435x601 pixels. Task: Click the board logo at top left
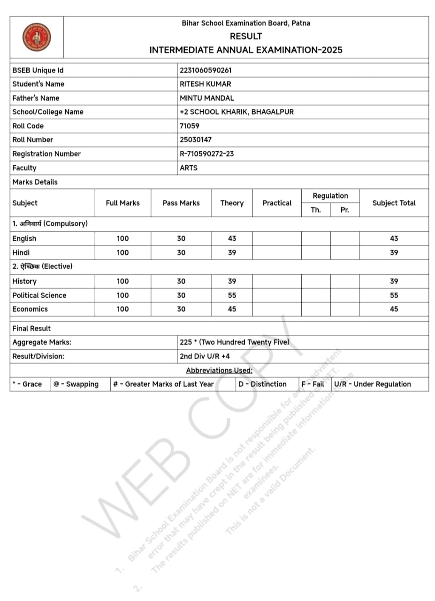(37, 37)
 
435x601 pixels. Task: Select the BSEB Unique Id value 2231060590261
(206, 70)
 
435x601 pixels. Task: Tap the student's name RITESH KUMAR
(205, 84)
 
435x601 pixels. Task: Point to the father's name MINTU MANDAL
(206, 98)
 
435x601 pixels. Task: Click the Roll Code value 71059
(190, 126)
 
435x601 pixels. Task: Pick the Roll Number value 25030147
(196, 139)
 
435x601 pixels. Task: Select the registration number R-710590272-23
(206, 154)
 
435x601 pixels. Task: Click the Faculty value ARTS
(189, 168)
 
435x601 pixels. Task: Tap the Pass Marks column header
(181, 203)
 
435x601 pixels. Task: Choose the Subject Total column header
(394, 203)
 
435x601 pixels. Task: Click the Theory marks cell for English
(232, 239)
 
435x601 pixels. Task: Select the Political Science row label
(39, 295)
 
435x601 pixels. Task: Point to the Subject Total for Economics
(394, 309)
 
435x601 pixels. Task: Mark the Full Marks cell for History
(122, 281)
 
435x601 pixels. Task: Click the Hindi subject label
(21, 253)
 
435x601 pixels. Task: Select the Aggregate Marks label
(42, 342)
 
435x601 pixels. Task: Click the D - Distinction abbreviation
(262, 384)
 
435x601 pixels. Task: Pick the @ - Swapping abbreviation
(76, 384)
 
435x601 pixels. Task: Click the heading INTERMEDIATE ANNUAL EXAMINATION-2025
(246, 50)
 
